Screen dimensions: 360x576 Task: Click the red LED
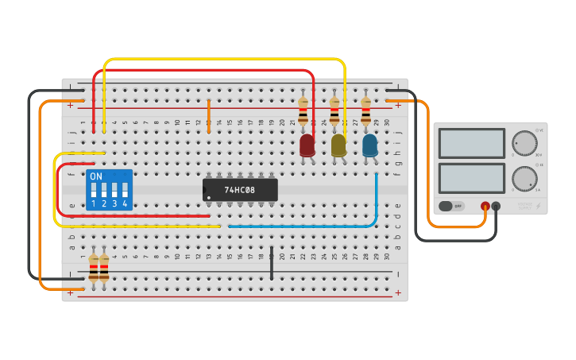(x=307, y=145)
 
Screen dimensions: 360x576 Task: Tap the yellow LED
(x=338, y=145)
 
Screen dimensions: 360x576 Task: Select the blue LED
(x=369, y=145)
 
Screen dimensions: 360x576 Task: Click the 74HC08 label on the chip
(x=240, y=191)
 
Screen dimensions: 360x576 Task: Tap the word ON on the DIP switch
(x=96, y=176)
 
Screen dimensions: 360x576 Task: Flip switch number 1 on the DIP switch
(x=94, y=190)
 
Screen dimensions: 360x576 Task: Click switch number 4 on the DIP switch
(x=125, y=190)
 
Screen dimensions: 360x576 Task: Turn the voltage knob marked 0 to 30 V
(x=524, y=144)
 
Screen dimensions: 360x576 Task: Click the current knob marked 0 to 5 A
(x=524, y=179)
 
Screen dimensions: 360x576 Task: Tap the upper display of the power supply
(x=471, y=144)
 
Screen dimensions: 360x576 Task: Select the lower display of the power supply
(x=471, y=178)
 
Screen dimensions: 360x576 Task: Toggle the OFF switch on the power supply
(x=451, y=206)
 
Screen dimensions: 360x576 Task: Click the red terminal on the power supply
(x=485, y=206)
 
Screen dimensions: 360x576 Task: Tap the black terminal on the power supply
(x=496, y=206)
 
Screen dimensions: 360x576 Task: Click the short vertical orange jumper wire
(x=209, y=116)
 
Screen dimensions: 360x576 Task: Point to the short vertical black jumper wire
(x=272, y=263)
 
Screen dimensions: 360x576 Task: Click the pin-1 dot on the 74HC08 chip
(x=209, y=197)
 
